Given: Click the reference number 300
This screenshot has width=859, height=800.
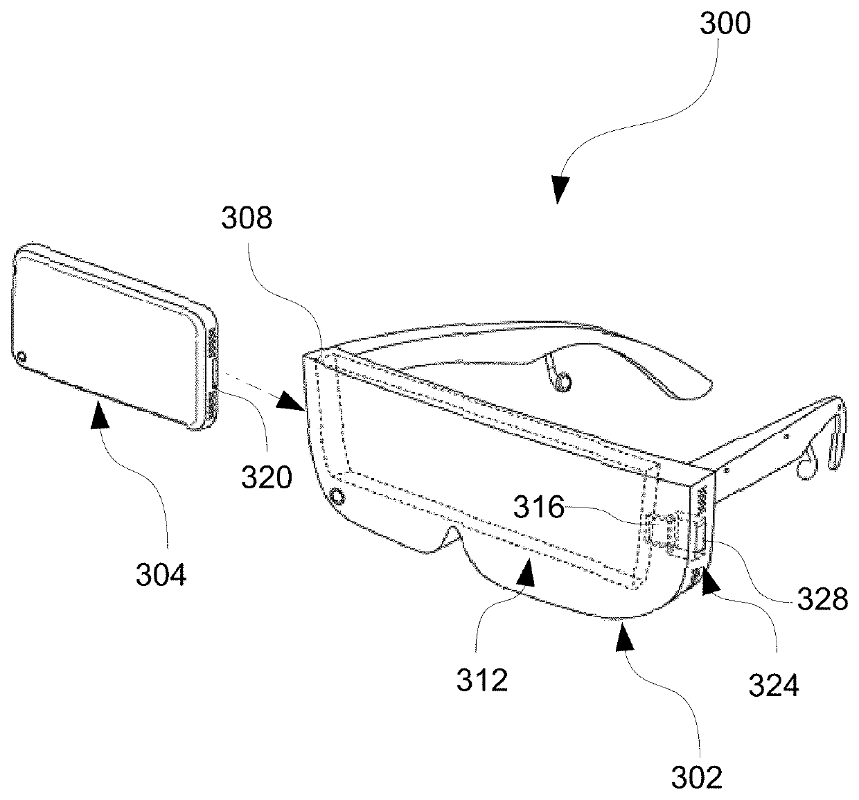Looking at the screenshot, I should pos(725,24).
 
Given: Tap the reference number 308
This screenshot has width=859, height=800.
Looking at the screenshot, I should pos(246,219).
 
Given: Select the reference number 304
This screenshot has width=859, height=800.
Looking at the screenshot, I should pos(161,574).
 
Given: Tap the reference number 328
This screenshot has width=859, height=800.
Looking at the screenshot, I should pos(822,598).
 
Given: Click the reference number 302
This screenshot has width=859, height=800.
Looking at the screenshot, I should pos(697,777).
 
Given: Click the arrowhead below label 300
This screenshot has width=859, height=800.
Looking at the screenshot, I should pos(562,189).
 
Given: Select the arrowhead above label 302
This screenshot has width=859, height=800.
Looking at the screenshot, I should pos(625,634).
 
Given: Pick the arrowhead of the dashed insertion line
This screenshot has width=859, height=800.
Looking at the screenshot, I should pos(293,400).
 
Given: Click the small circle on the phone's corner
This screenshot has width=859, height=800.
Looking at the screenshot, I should pos(21,357).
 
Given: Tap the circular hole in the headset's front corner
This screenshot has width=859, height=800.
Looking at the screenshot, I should pos(338,497).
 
